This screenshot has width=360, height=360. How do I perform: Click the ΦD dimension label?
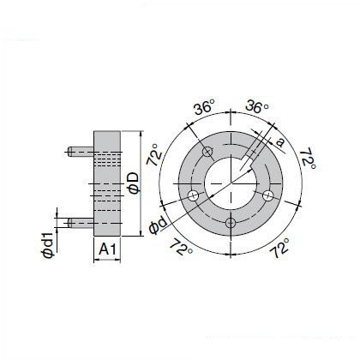[x=135, y=183]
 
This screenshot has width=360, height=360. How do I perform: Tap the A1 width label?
[x=107, y=249]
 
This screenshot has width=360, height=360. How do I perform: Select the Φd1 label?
[x=48, y=245]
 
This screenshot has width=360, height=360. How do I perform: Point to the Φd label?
[x=158, y=225]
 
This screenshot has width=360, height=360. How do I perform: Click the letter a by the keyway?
[x=281, y=142]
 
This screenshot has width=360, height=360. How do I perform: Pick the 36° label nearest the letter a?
[x=257, y=106]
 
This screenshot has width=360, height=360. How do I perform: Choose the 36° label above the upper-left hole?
[x=204, y=107]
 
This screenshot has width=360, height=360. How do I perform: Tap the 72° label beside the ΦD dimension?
[x=154, y=154]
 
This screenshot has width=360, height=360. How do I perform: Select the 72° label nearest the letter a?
[x=308, y=159]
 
